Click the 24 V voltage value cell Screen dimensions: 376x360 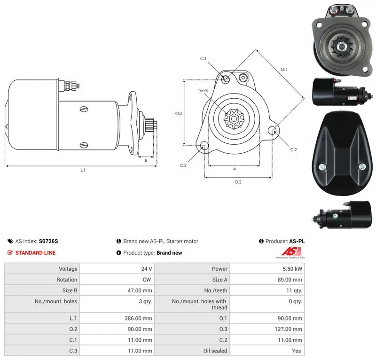(x=147, y=269)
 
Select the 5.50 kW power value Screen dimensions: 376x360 (x=292, y=269)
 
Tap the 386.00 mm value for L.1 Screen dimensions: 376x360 (x=138, y=318)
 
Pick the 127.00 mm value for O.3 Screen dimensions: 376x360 (x=289, y=329)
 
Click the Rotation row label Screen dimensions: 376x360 (x=67, y=280)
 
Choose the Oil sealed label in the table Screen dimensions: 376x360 (x=215, y=351)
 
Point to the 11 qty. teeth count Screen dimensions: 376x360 (x=294, y=290)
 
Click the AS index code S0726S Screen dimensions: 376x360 (x=48, y=241)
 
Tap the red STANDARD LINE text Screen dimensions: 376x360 (x=36, y=252)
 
